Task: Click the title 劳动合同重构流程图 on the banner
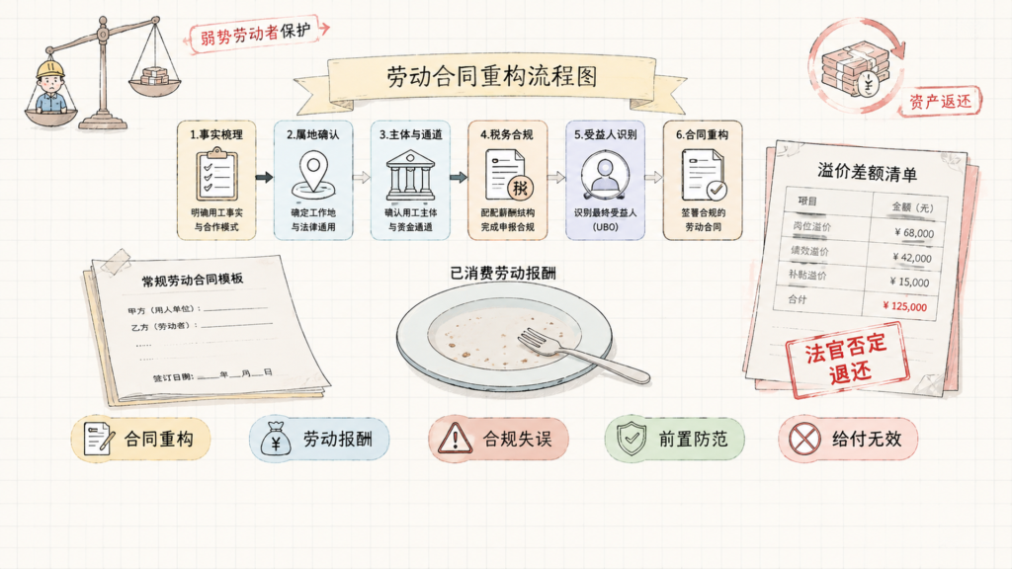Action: click(492, 76)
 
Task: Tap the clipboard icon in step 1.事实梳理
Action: click(216, 174)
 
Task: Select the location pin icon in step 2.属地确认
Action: click(313, 175)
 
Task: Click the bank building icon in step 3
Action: click(410, 175)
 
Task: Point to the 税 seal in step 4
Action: click(520, 188)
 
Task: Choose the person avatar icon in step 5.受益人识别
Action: click(605, 174)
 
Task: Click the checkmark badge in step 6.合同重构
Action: click(716, 190)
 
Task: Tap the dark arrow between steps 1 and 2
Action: click(265, 178)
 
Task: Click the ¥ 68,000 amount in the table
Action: click(914, 233)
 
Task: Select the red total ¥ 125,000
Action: click(904, 306)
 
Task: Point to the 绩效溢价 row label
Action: click(809, 250)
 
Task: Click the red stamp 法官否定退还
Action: click(847, 359)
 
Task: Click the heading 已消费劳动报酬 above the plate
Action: click(503, 273)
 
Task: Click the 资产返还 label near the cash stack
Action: click(940, 102)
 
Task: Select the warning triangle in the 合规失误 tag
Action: click(455, 438)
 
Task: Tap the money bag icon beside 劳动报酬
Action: click(276, 438)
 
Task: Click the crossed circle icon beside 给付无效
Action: click(804, 439)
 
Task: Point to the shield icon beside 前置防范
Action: click(632, 439)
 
